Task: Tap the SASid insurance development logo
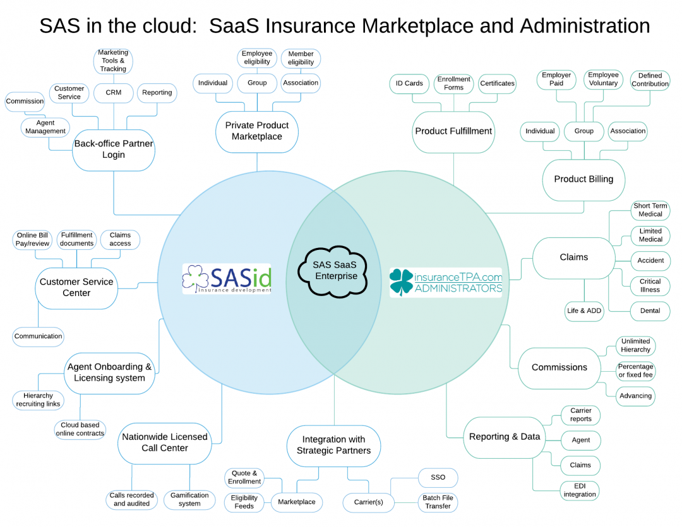click(227, 278)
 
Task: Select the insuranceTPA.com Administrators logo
click(446, 282)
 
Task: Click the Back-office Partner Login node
click(114, 149)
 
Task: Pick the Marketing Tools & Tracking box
click(113, 61)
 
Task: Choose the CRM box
click(113, 93)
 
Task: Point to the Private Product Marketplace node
click(257, 131)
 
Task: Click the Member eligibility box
click(301, 58)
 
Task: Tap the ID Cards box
click(409, 83)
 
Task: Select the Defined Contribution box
click(650, 80)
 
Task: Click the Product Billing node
click(583, 179)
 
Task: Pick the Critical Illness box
click(650, 285)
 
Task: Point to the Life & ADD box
click(583, 311)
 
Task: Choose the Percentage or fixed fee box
click(636, 371)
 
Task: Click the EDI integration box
click(580, 490)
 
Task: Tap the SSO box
click(438, 477)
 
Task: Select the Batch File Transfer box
click(438, 502)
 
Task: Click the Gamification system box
click(189, 499)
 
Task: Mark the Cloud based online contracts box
click(80, 429)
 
